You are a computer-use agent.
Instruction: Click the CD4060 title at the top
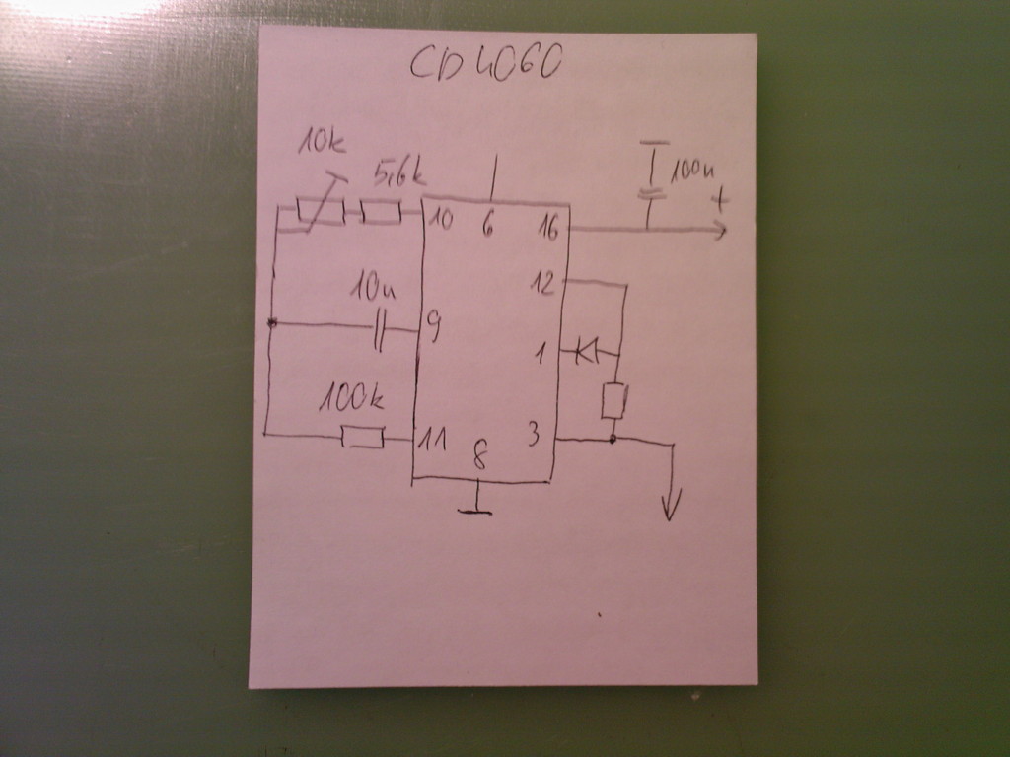tap(485, 64)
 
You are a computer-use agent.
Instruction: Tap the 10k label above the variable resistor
tap(322, 143)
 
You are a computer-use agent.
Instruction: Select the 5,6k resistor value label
tap(398, 176)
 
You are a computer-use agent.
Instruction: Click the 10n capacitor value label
tap(374, 291)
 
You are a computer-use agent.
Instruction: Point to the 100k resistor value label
tap(351, 399)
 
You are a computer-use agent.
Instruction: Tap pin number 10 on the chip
tap(441, 219)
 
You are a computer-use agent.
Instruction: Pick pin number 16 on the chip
tap(547, 229)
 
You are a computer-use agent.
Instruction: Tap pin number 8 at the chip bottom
tap(479, 456)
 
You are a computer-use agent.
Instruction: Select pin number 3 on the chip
tap(533, 435)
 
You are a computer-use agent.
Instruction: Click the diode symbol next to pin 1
tap(589, 349)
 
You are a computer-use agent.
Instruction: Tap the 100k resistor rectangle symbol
tap(362, 436)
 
